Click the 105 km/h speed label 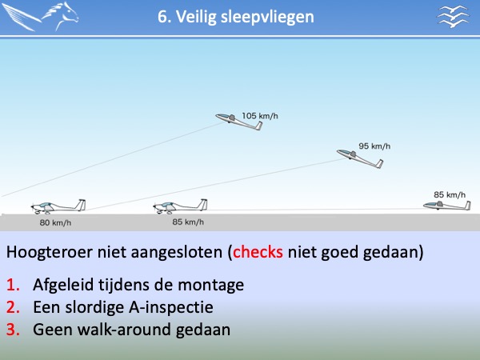(260, 116)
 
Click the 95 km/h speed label (374, 146)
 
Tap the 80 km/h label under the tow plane (55, 222)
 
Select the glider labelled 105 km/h (239, 122)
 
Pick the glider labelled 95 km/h (360, 158)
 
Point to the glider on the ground (447, 206)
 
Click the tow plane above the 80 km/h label (58, 206)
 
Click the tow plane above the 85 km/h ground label (180, 206)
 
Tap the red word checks (258, 252)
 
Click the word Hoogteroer (50, 252)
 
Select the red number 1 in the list (13, 285)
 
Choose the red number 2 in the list (13, 307)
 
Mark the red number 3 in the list (13, 330)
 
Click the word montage (211, 286)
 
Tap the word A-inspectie (171, 307)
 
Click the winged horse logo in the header (40, 16)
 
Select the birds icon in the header (453, 17)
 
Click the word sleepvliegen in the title (267, 17)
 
